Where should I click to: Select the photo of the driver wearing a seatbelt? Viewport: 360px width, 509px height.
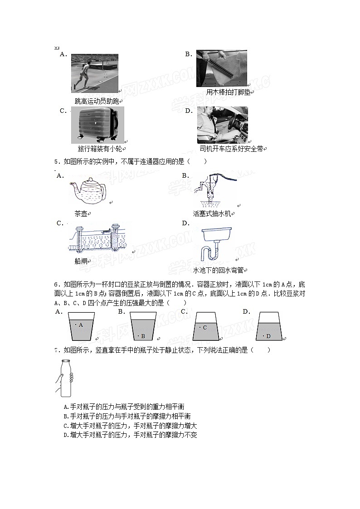tap(222, 125)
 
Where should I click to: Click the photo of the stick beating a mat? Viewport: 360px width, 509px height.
tap(221, 68)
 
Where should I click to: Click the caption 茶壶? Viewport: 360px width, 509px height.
tap(80, 214)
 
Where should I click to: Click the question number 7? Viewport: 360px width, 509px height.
tap(56, 350)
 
